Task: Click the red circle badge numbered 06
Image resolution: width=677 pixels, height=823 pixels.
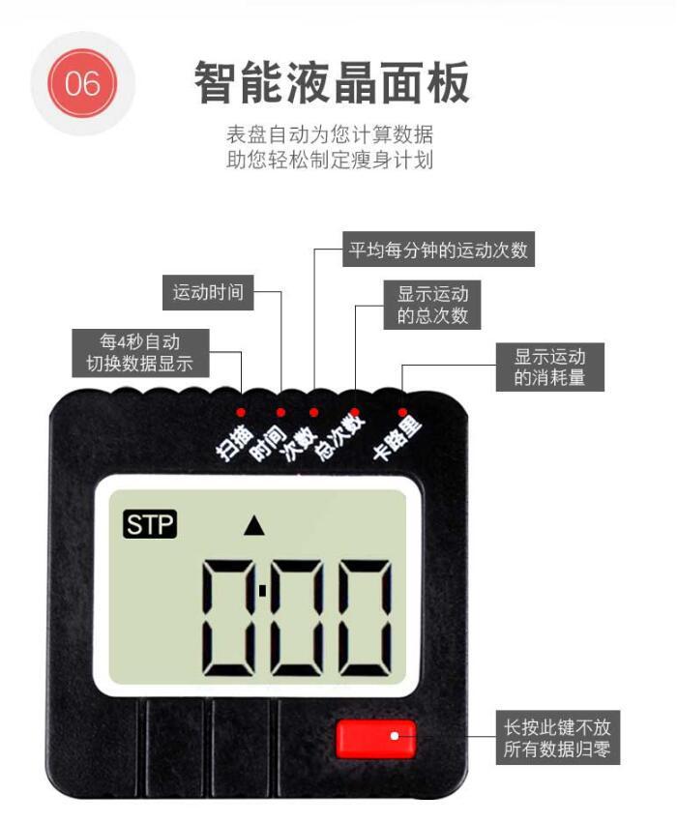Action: (x=81, y=83)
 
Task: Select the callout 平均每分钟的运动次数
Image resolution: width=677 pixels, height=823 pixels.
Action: (x=439, y=250)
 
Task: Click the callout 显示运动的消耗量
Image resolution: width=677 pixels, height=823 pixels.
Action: (x=549, y=366)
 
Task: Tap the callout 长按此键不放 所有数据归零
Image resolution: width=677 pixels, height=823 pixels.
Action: (x=557, y=739)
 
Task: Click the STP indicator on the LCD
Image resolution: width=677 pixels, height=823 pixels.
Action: (x=150, y=525)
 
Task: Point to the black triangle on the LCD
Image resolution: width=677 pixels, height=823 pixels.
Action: (x=254, y=526)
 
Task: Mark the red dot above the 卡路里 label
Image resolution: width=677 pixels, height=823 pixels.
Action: (x=402, y=412)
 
